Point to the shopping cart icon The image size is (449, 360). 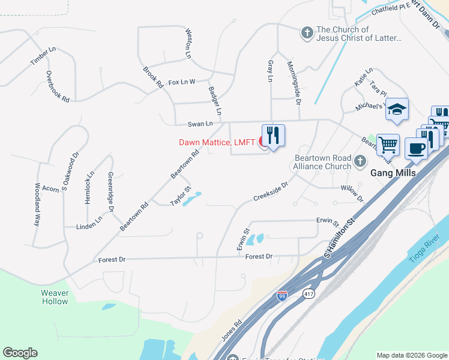coord(388,144)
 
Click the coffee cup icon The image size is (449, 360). coord(415,148)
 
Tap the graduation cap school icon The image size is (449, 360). coord(396,109)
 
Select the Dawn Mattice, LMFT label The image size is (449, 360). coord(217,142)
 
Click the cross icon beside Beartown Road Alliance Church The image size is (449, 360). coord(360,160)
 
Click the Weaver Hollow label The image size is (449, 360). coord(55,297)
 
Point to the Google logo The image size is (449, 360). coord(20,353)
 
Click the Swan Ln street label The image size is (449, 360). coord(200,124)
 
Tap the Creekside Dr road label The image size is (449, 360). coord(271,191)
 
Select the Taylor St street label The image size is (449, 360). coord(180,197)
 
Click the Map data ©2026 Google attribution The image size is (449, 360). coord(412,355)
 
